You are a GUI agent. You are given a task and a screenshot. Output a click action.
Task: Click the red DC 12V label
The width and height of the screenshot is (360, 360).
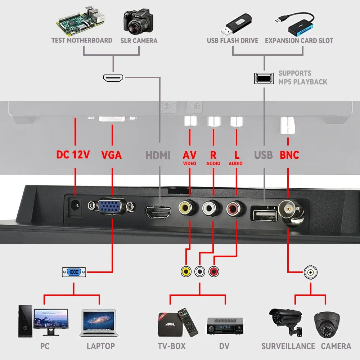click(73, 155)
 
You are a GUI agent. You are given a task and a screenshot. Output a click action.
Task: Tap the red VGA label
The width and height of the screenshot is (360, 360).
click(111, 155)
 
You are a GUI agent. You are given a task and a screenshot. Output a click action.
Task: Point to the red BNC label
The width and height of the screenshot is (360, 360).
click(289, 155)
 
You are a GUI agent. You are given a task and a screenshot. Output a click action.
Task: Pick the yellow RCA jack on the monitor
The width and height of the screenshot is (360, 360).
click(188, 208)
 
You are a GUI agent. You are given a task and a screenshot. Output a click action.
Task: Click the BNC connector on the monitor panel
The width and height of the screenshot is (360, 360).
click(290, 209)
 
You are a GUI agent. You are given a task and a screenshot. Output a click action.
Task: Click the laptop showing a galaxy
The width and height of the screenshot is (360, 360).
click(98, 323)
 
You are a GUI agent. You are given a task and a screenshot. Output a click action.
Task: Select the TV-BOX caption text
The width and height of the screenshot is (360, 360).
click(172, 346)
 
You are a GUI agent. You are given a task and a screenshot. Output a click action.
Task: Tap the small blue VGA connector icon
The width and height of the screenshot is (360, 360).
click(74, 272)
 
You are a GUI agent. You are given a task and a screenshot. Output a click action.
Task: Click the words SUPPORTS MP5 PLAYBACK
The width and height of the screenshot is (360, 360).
click(302, 77)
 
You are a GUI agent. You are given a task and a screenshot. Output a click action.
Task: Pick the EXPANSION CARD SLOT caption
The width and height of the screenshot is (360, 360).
click(299, 41)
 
